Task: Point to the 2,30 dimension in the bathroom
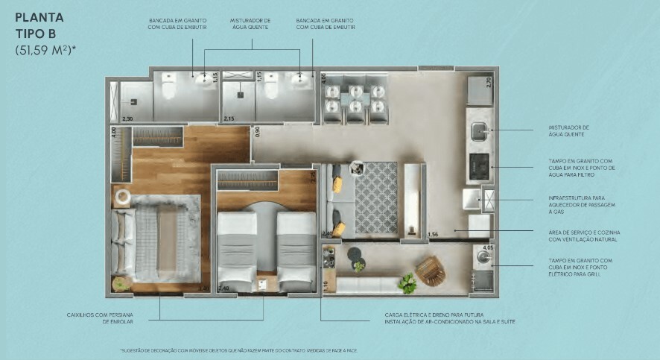click(x=127, y=119)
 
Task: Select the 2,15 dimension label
click(x=229, y=119)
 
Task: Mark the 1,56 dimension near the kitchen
click(x=433, y=235)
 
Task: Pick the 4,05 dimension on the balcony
click(x=488, y=247)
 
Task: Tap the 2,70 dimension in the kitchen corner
click(x=489, y=82)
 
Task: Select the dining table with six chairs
click(x=356, y=102)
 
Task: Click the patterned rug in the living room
click(x=375, y=200)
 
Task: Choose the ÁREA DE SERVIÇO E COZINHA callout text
click(x=582, y=236)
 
